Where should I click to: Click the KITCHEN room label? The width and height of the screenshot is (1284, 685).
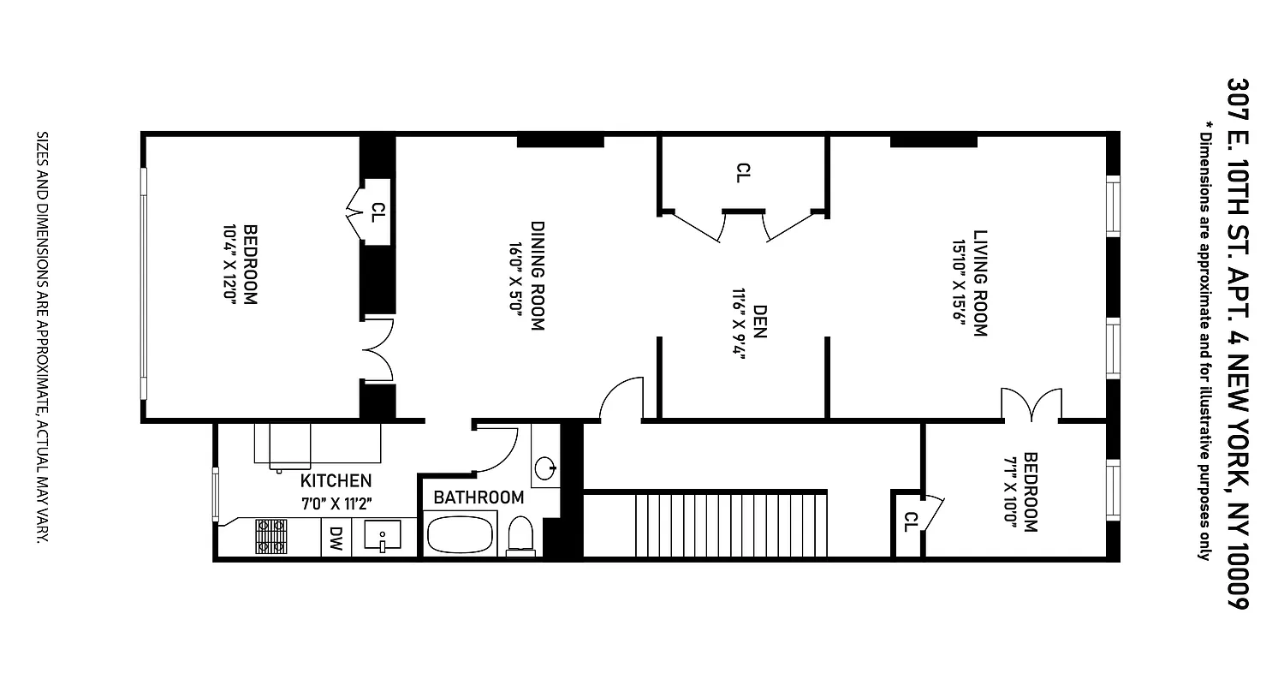pyautogui.click(x=336, y=480)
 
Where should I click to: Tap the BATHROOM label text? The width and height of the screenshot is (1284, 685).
pyautogui.click(x=479, y=497)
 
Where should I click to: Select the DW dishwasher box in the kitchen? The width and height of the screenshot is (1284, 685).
pyautogui.click(x=336, y=539)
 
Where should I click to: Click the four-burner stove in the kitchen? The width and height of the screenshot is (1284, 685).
pyautogui.click(x=270, y=537)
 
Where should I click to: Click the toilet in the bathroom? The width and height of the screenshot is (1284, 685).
pyautogui.click(x=520, y=537)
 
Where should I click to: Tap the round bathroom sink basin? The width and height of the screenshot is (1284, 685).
pyautogui.click(x=544, y=468)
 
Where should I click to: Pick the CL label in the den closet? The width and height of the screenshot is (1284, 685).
pyautogui.click(x=741, y=173)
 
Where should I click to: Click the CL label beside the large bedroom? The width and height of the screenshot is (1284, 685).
pyautogui.click(x=377, y=211)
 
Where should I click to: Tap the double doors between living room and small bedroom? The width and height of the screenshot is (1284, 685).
pyautogui.click(x=1031, y=404)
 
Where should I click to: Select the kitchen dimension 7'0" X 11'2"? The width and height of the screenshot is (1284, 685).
pyautogui.click(x=336, y=502)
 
